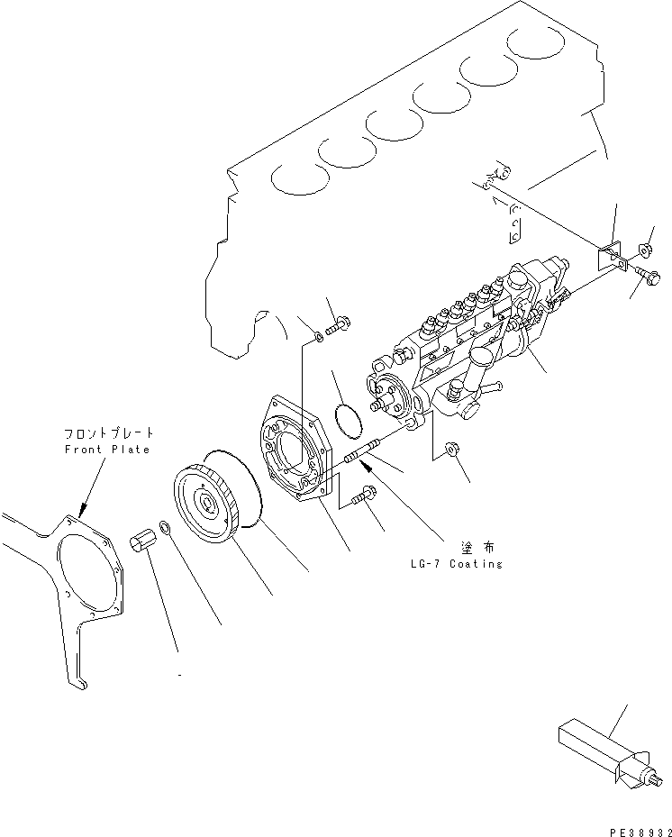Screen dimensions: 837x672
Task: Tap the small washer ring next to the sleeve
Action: (x=166, y=525)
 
